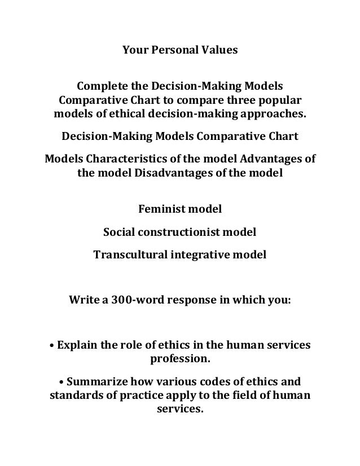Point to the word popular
pos(284,101)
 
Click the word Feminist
pos(160,210)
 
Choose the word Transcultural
pos(128,254)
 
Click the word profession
pos(179,358)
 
